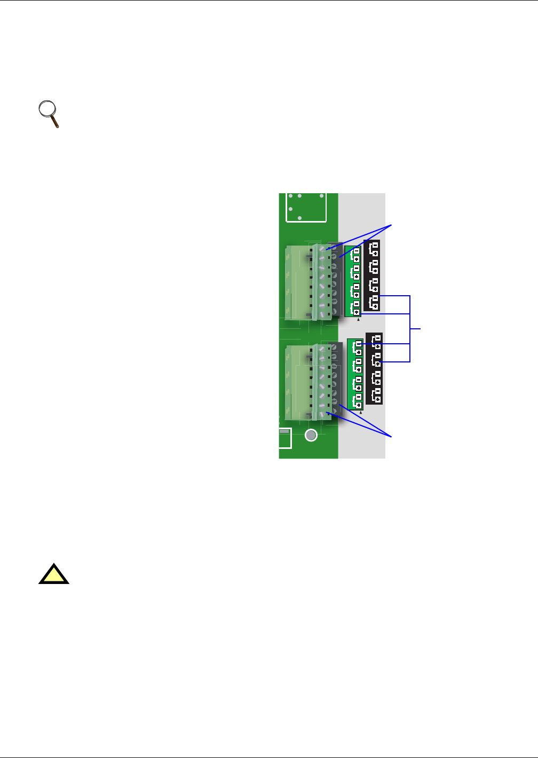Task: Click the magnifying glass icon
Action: coord(49,113)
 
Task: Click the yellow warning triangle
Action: coord(53,574)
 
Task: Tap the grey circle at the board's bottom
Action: coord(311,435)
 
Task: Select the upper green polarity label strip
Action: coord(353,281)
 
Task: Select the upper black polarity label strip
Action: coord(372,275)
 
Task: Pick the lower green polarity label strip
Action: coord(355,374)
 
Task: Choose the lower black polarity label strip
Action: coord(374,368)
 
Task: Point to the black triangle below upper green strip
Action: coord(358,320)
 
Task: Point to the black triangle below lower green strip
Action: coord(361,413)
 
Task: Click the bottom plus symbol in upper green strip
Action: coord(356,312)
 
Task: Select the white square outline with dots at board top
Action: coord(306,207)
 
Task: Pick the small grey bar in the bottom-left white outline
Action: coord(284,431)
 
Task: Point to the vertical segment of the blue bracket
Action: coord(410,328)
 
